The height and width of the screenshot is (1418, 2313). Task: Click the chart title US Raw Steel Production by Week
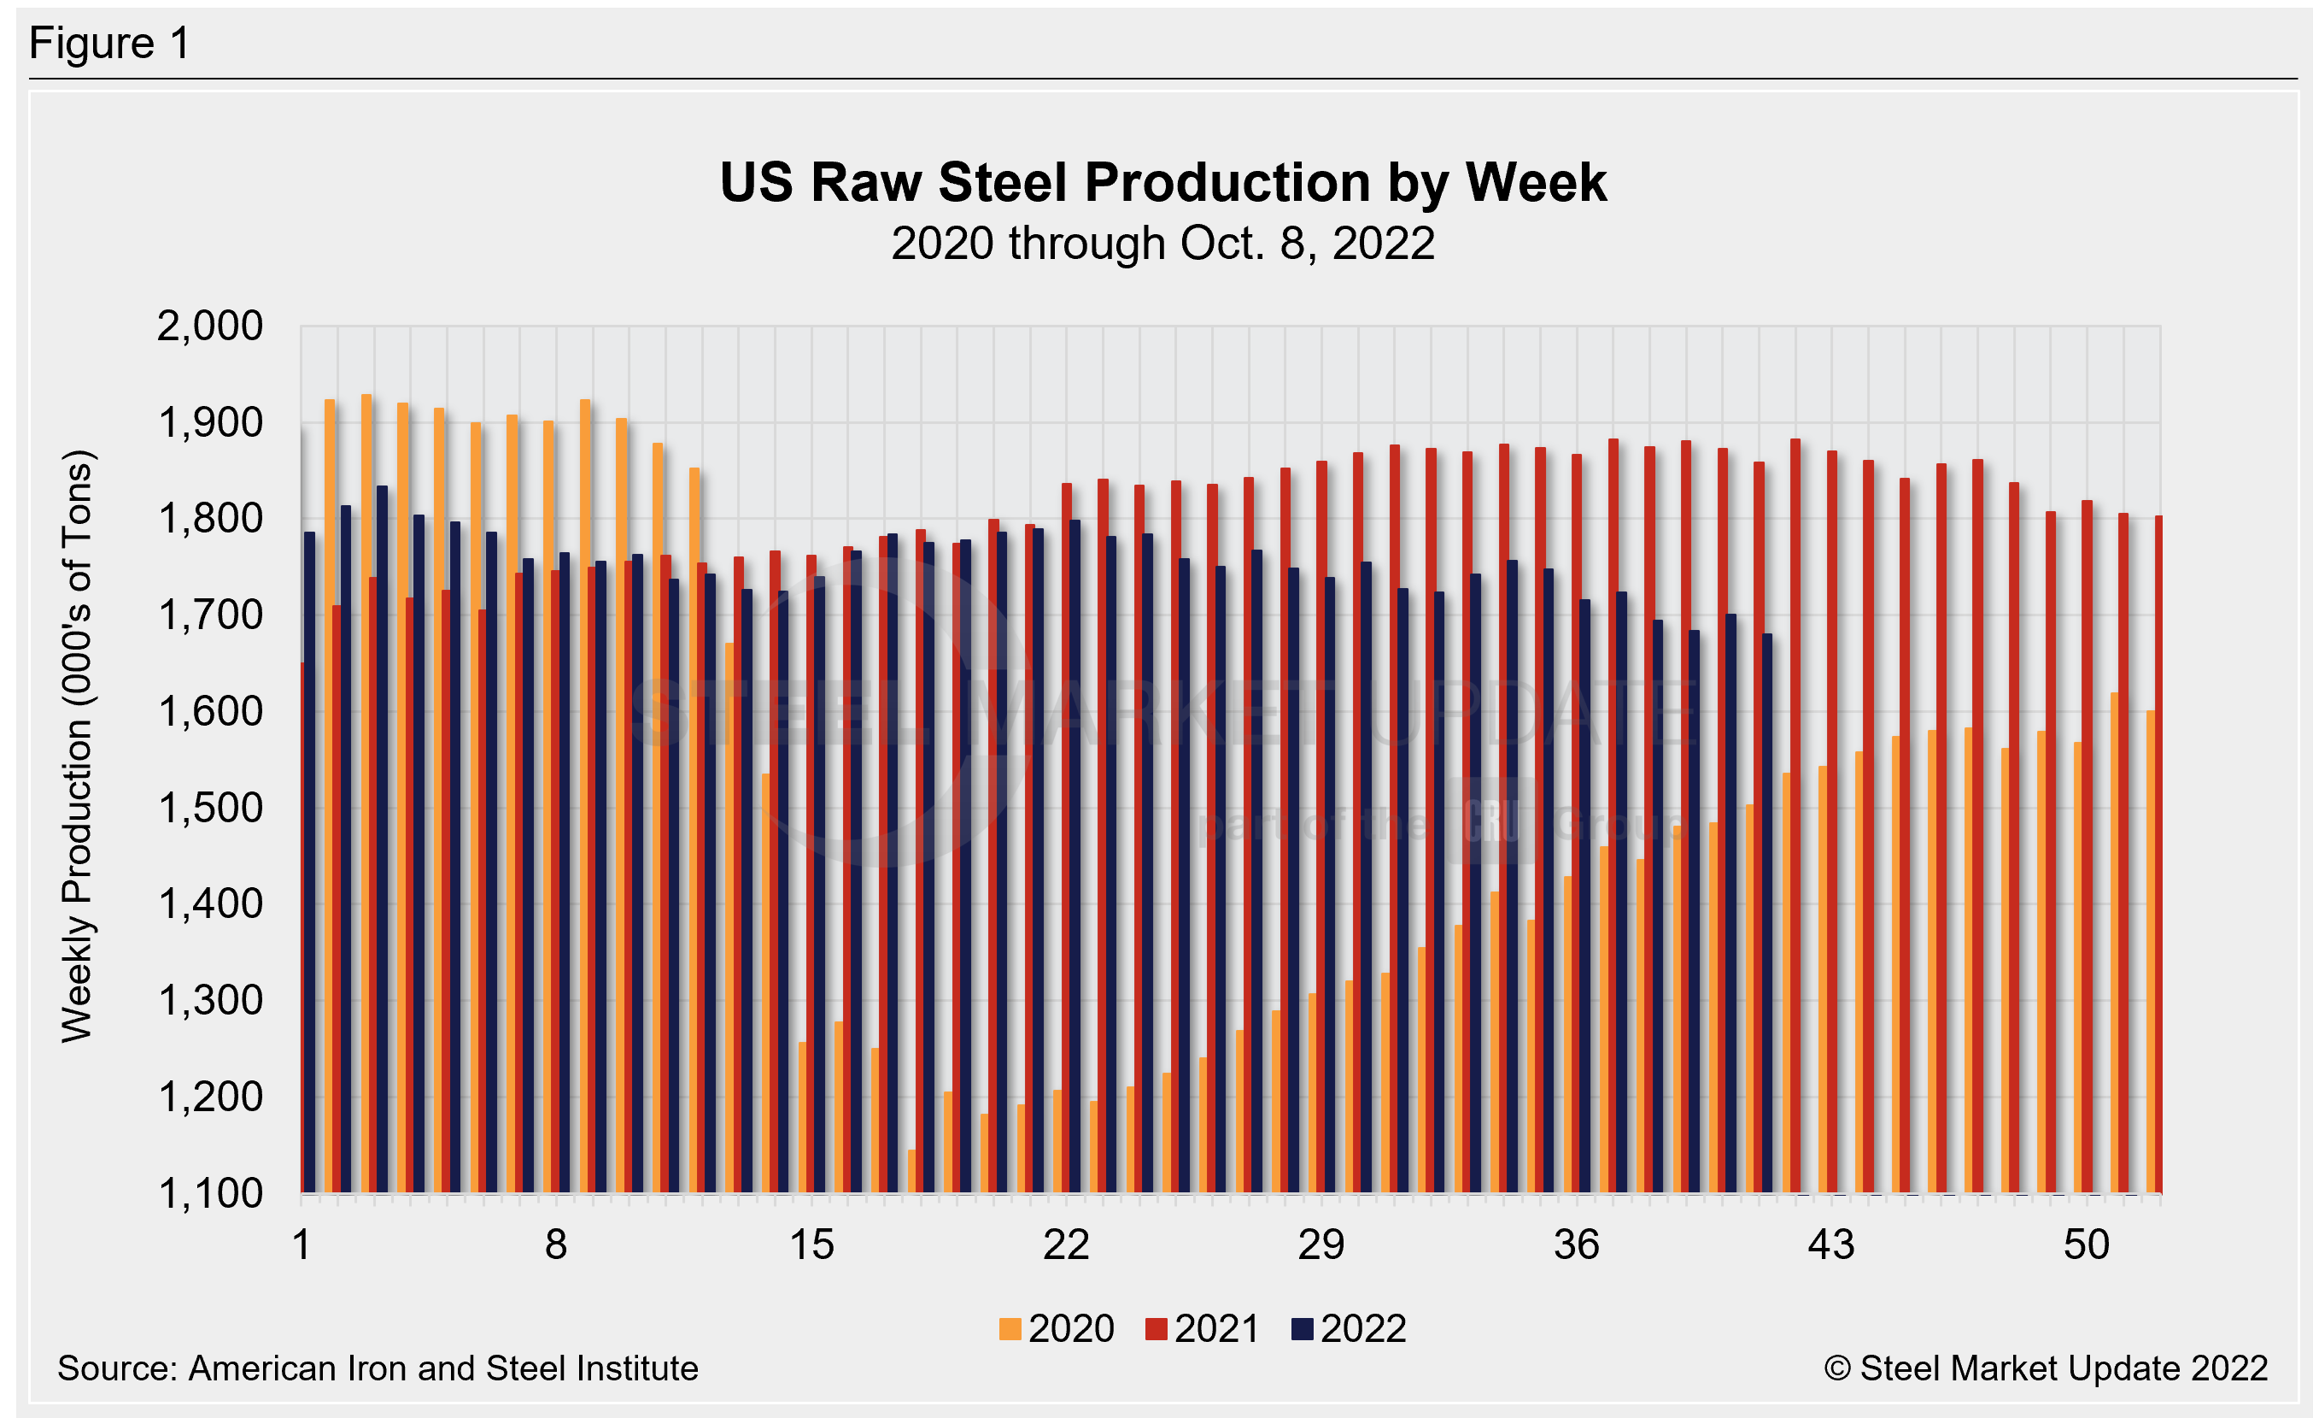coord(1162,182)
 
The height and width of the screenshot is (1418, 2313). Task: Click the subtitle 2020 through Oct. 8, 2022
coord(1162,244)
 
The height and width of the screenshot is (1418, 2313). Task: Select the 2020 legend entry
coord(1057,1329)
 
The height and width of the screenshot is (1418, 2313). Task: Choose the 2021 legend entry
coord(1203,1329)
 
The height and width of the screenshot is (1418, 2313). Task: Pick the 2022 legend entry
coord(1349,1329)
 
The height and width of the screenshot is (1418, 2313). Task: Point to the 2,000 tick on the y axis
coord(209,327)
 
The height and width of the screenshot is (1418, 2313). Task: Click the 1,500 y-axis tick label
coord(209,809)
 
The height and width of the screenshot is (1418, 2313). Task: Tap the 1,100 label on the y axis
coord(209,1193)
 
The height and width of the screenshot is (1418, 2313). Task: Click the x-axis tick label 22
coord(1066,1246)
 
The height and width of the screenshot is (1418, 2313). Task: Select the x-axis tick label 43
coord(1830,1246)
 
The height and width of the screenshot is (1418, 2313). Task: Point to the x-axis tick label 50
coord(2086,1246)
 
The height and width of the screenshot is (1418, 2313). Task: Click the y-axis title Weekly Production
coord(77,746)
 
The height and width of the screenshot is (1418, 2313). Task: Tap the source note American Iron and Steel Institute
coord(378,1368)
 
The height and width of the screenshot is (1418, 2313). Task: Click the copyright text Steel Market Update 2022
coord(2047,1368)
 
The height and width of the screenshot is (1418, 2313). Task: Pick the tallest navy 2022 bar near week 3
coord(382,836)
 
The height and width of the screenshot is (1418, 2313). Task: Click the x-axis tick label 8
coord(556,1246)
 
